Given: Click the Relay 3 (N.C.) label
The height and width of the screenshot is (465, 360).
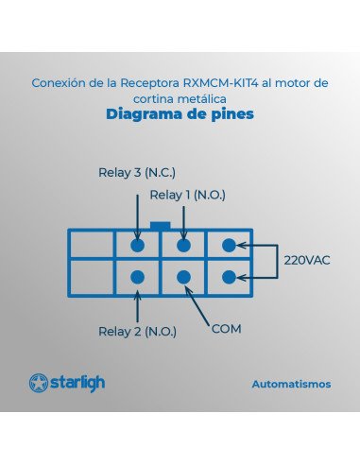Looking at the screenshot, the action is (137, 173).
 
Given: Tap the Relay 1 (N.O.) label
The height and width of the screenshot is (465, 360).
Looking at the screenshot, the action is (188, 195).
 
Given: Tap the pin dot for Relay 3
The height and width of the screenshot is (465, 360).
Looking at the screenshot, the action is (137, 245).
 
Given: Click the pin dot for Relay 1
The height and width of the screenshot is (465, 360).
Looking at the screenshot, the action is (183, 245).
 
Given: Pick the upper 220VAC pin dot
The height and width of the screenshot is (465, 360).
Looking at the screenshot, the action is (229, 245).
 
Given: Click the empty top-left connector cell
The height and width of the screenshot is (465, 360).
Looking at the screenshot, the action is (92, 245).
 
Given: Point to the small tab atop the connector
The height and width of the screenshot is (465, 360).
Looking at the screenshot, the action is (160, 226).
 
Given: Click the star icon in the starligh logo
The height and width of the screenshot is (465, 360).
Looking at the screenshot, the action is (39, 384).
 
